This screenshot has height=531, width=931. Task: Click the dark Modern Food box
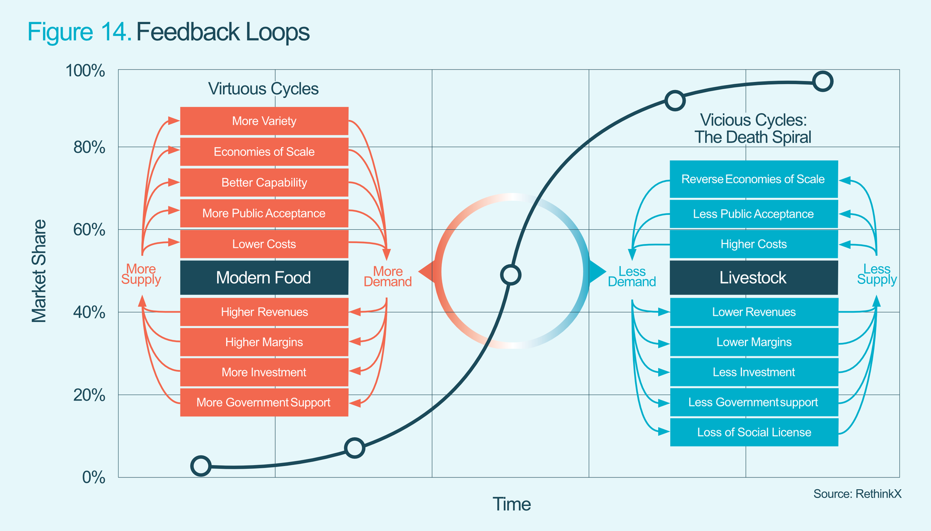click(x=264, y=278)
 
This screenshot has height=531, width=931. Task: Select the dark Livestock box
click(x=753, y=278)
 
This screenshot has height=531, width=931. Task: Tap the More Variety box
click(x=264, y=121)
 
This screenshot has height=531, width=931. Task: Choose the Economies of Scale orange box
click(x=264, y=152)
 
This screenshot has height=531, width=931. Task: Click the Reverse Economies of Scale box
click(x=753, y=179)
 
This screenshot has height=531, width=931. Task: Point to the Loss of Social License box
click(x=754, y=432)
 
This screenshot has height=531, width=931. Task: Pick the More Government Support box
click(x=264, y=402)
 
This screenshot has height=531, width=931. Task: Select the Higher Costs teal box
click(x=753, y=244)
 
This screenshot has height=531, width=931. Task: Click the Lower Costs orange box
click(x=264, y=244)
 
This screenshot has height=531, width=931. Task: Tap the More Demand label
click(x=388, y=277)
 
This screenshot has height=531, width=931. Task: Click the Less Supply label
click(x=876, y=275)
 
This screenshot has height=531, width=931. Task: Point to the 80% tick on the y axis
click(x=90, y=148)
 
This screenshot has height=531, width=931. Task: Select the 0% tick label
click(x=94, y=477)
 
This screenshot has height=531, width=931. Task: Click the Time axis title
click(x=511, y=504)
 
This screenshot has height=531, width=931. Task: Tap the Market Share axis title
click(x=39, y=271)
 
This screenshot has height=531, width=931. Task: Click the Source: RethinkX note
click(x=857, y=494)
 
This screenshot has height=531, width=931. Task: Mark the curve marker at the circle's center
click(x=510, y=275)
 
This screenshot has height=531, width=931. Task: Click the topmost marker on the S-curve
click(x=823, y=81)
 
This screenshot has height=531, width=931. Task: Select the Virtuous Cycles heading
click(x=263, y=89)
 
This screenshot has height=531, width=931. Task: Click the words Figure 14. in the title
click(x=79, y=32)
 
